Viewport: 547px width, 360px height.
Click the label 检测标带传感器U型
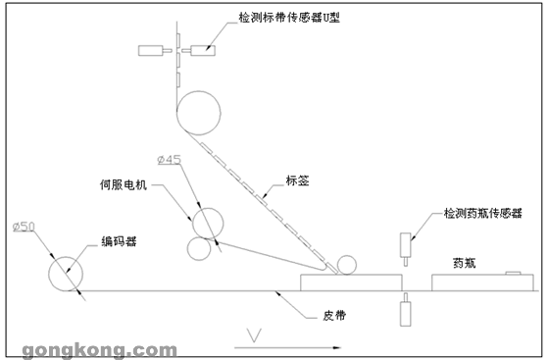pyautogui.click(x=289, y=17)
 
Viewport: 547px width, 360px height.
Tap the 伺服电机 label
pyautogui.click(x=124, y=184)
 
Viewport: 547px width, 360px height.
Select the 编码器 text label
pyautogui.click(x=119, y=241)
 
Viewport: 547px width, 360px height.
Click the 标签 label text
pyautogui.click(x=298, y=180)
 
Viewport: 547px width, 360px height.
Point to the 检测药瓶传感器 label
pyautogui.click(x=483, y=213)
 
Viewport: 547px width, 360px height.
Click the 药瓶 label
pyautogui.click(x=465, y=263)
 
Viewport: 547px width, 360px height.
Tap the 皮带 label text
pyautogui.click(x=334, y=316)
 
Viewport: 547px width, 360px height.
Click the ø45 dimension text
pyautogui.click(x=170, y=160)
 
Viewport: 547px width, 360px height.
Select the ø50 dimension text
pyautogui.click(x=24, y=227)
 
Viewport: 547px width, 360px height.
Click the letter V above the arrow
pyautogui.click(x=254, y=335)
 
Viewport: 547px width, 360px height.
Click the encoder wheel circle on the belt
pyautogui.click(x=66, y=257)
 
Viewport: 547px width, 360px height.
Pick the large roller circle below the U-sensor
pyautogui.click(x=198, y=91)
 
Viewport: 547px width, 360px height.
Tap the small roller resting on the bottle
pyautogui.click(x=347, y=256)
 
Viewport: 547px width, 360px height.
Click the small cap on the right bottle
pyautogui.click(x=513, y=273)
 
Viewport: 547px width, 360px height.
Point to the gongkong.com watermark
pyautogui.click(x=100, y=350)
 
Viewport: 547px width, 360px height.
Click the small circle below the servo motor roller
pyautogui.click(x=199, y=237)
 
